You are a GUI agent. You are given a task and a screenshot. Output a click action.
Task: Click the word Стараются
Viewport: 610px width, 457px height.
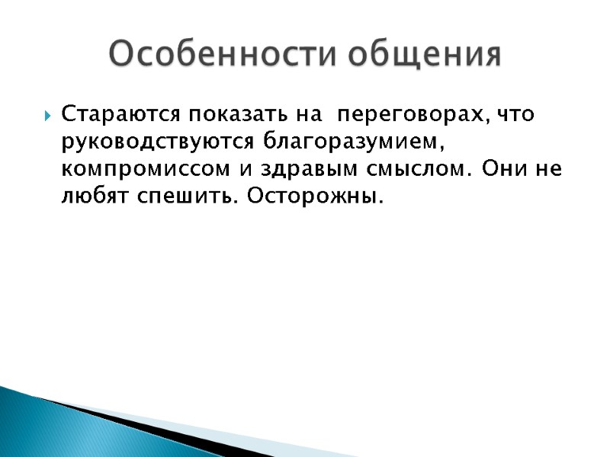tap(120, 115)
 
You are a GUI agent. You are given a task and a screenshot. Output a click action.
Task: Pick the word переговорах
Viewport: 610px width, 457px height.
tap(411, 115)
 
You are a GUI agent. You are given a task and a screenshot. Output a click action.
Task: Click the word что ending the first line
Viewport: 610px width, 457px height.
tap(515, 115)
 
